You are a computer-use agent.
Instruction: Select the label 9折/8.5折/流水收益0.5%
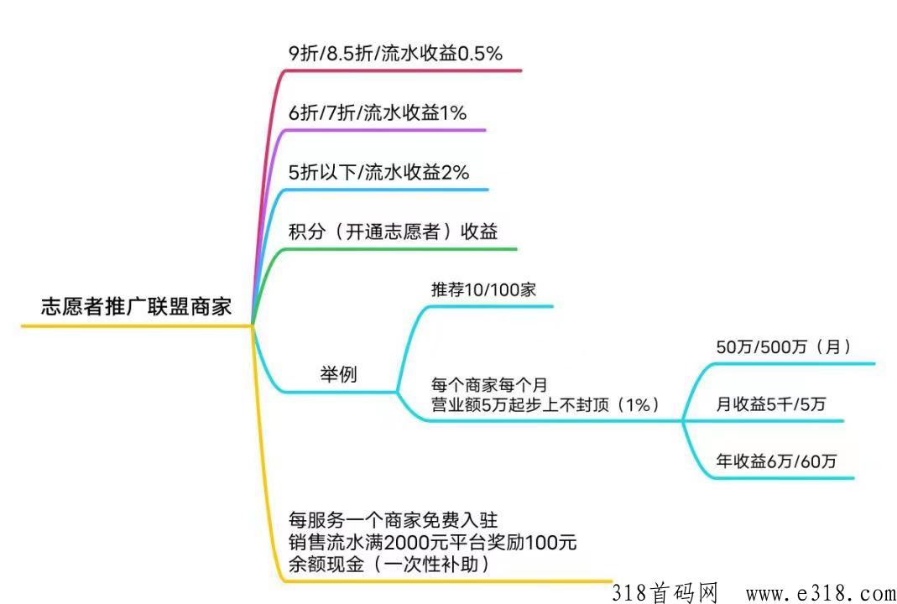tap(394, 54)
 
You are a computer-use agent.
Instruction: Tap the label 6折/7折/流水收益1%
tap(377, 113)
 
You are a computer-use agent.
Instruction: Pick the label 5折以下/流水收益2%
tap(378, 173)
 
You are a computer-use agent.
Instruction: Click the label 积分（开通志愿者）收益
tap(393, 232)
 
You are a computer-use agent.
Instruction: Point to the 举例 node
tap(338, 374)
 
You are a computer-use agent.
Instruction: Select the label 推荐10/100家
tap(483, 290)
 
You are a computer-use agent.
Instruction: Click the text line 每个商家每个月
tap(488, 386)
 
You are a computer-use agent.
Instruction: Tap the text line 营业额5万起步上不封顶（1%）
tap(545, 404)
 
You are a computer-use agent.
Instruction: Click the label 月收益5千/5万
tap(770, 404)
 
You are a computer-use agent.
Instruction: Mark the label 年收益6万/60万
tap(776, 461)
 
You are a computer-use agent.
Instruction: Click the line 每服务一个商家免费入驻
tap(399, 519)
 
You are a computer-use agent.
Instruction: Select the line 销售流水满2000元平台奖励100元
tap(432, 542)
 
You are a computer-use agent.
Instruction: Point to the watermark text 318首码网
tap(665, 592)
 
